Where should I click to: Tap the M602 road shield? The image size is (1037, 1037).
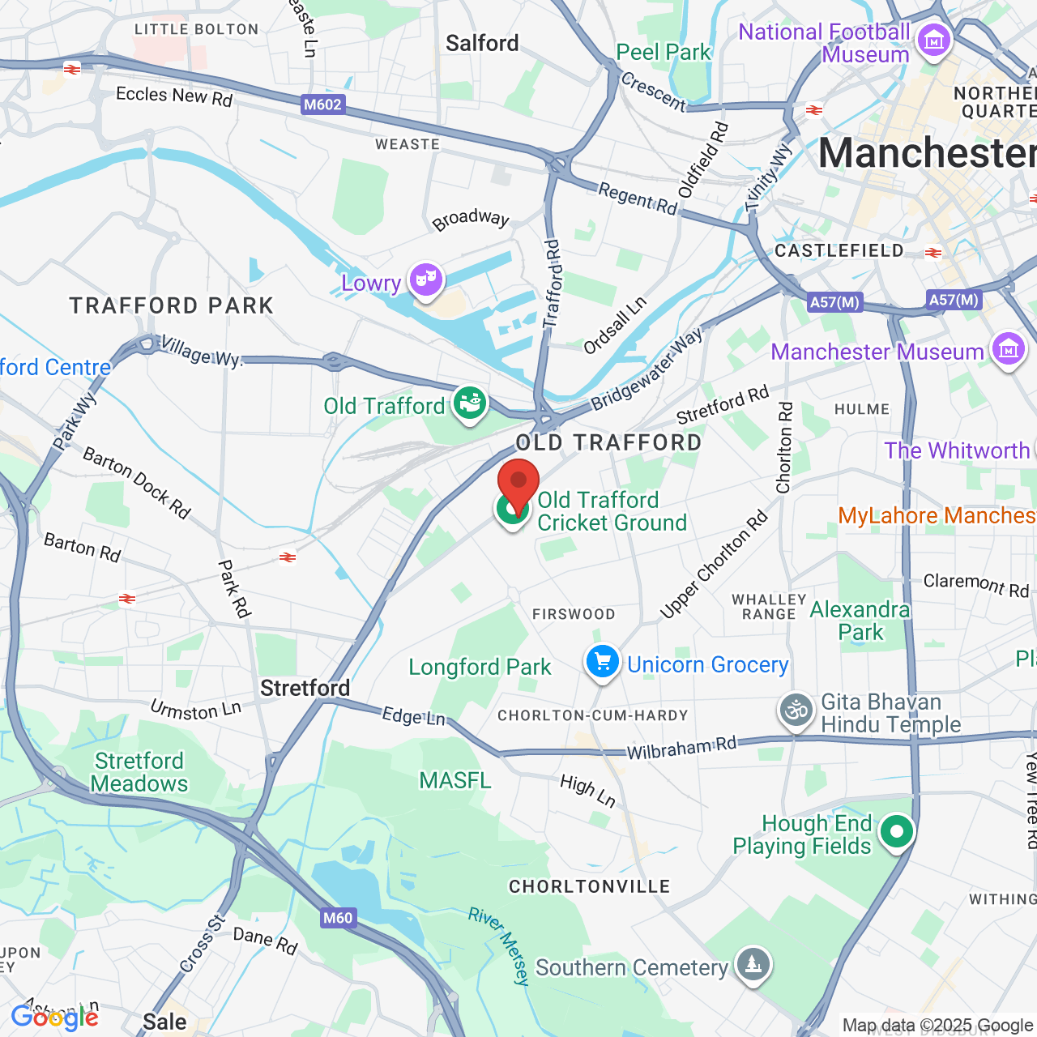pos(322,105)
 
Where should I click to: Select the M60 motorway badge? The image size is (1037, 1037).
pos(338,918)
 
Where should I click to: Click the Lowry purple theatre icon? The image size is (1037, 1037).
pos(425,280)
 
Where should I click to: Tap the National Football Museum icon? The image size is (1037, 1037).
pos(933,41)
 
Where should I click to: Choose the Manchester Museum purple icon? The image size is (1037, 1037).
pos(1008,350)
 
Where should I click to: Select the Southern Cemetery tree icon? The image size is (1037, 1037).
pos(753,965)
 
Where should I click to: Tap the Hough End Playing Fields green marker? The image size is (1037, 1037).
pos(896,832)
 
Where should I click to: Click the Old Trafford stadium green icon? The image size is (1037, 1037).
pos(469,403)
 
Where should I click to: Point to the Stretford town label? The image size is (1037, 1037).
pos(305,688)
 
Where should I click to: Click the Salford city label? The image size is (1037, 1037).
pos(482,43)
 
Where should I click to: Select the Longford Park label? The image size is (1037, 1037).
pos(480,667)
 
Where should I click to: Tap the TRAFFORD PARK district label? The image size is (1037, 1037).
pos(172,305)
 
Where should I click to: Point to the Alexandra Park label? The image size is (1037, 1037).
pos(860,621)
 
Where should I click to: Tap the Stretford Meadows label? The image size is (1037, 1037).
pos(139,772)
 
